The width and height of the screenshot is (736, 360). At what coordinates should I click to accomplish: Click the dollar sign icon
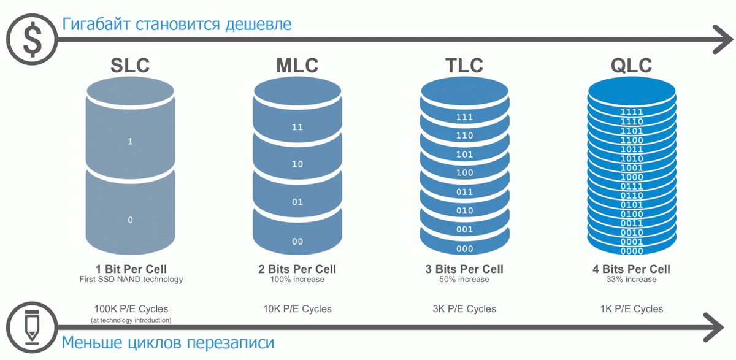pyautogui.click(x=33, y=39)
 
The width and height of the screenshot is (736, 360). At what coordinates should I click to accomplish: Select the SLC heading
pyautogui.click(x=130, y=65)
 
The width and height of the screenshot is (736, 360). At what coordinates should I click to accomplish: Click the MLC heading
pyautogui.click(x=297, y=65)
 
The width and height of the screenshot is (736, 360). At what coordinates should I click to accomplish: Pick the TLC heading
pyautogui.click(x=464, y=65)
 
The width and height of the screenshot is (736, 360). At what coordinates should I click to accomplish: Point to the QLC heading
pyautogui.click(x=632, y=65)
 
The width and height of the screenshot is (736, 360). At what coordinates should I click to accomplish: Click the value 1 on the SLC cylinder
pyautogui.click(x=130, y=142)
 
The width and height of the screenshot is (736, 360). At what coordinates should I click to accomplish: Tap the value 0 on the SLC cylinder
pyautogui.click(x=130, y=220)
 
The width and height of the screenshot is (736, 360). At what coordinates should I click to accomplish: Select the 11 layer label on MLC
pyautogui.click(x=297, y=128)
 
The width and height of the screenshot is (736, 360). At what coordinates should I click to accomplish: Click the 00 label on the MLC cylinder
pyautogui.click(x=297, y=242)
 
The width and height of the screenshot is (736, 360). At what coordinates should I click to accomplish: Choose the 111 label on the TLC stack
pyautogui.click(x=464, y=117)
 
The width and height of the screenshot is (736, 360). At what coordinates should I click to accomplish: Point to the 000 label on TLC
pyautogui.click(x=464, y=249)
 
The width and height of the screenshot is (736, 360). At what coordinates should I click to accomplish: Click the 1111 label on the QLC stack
pyautogui.click(x=632, y=112)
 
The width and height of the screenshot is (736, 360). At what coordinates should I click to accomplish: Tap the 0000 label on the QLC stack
pyautogui.click(x=632, y=251)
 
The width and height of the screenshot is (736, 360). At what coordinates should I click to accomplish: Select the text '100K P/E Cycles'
pyautogui.click(x=131, y=308)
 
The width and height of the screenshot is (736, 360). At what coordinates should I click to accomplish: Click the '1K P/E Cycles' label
pyautogui.click(x=632, y=308)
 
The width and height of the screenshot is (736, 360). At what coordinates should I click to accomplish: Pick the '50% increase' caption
pyautogui.click(x=464, y=280)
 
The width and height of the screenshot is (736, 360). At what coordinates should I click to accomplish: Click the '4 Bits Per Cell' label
pyautogui.click(x=632, y=269)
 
